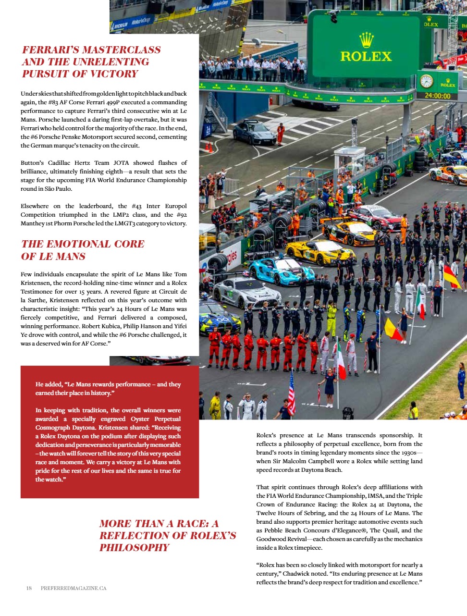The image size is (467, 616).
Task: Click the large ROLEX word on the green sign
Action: [366, 56]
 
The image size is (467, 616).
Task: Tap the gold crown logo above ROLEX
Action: [367, 39]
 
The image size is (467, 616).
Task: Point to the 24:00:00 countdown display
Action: [437, 96]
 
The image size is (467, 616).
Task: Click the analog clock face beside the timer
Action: [427, 81]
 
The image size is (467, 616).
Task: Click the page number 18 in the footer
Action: [29, 588]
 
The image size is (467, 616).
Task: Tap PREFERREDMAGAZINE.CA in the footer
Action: [74, 588]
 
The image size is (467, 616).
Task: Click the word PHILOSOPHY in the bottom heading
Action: [134, 548]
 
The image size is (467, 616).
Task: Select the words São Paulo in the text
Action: [60, 189]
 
